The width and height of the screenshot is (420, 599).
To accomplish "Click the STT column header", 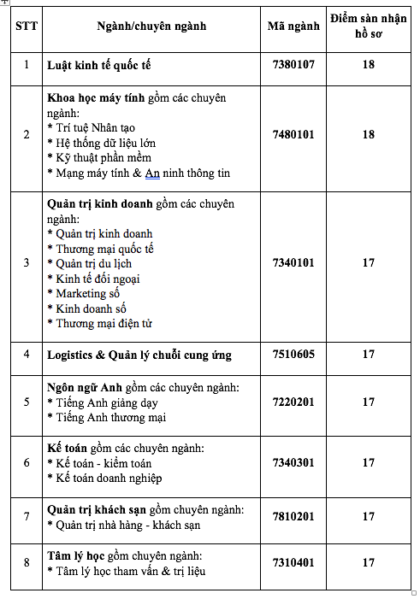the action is click(x=26, y=26).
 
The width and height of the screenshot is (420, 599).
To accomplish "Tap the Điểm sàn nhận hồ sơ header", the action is click(x=369, y=26).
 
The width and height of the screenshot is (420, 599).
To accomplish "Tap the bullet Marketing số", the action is click(x=92, y=293).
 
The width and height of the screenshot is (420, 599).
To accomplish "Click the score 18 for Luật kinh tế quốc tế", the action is click(x=369, y=65).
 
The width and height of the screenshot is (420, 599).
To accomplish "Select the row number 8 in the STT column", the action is click(x=26, y=562).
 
